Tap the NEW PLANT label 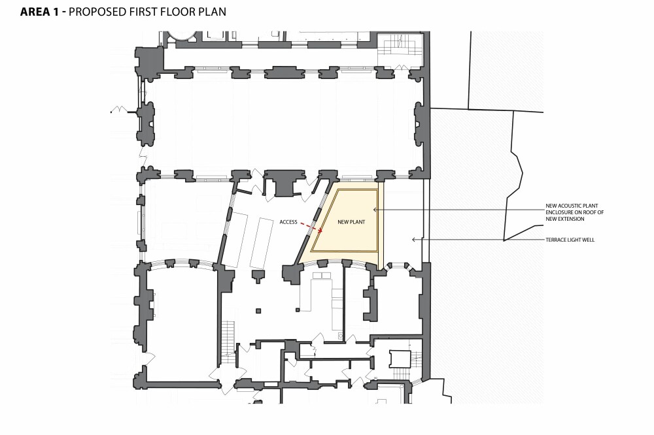350,222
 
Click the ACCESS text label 288,221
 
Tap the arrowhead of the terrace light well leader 413,240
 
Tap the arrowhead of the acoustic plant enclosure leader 375,210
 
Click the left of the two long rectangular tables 241,242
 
